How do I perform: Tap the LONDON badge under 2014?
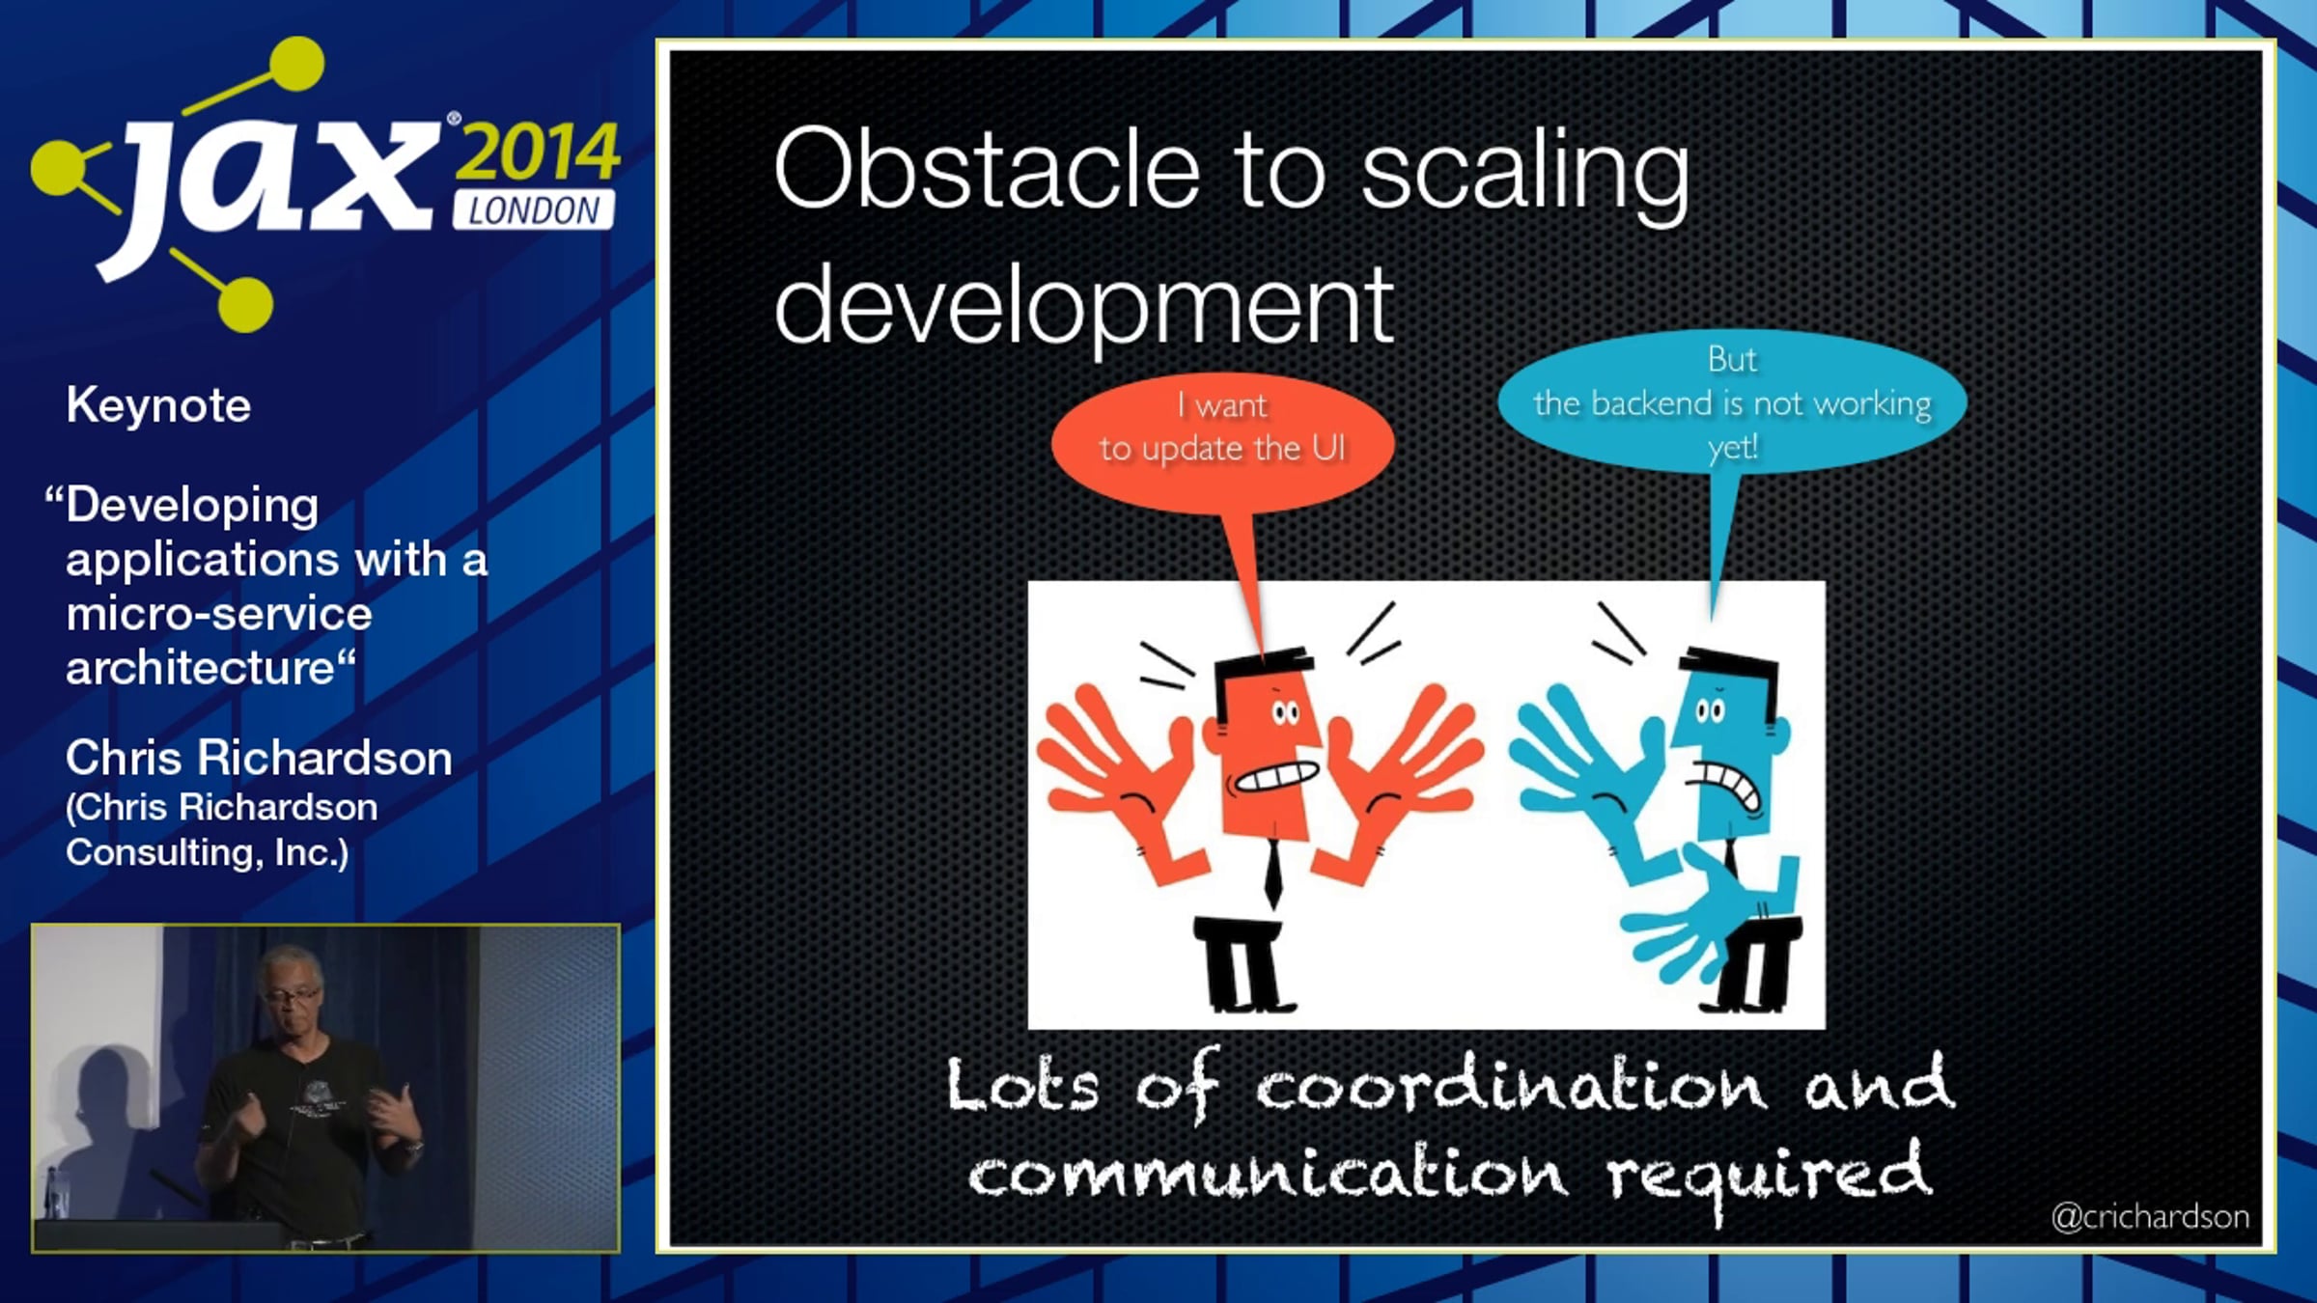click(533, 210)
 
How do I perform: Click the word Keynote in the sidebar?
click(158, 405)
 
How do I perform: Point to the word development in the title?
click(1084, 307)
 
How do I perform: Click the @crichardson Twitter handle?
click(2150, 1217)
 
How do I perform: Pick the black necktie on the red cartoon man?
click(1273, 873)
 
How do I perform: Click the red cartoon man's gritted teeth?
click(1277, 776)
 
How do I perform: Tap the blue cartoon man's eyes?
click(1710, 712)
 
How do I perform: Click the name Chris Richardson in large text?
click(259, 758)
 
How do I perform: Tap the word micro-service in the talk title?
click(219, 614)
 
